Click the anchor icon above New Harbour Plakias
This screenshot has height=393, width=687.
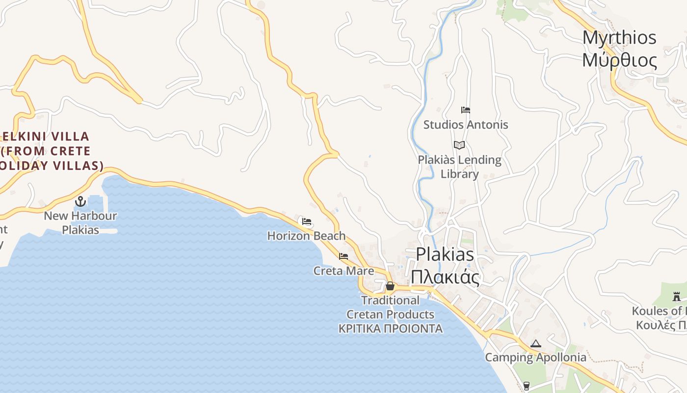(x=80, y=201)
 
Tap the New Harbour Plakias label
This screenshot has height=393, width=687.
(x=80, y=223)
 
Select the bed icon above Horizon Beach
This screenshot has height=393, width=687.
(x=307, y=222)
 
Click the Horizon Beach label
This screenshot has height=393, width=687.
(x=306, y=236)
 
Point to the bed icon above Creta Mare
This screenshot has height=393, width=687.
(x=343, y=256)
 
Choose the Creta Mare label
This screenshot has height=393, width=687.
(x=343, y=271)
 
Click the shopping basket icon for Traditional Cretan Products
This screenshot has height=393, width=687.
(x=390, y=286)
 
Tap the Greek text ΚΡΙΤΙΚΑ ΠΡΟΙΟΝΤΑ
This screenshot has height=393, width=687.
(x=391, y=329)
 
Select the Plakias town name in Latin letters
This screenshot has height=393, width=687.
(x=445, y=254)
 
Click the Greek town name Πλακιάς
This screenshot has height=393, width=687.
(x=445, y=278)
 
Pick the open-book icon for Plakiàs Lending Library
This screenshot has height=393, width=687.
(x=459, y=145)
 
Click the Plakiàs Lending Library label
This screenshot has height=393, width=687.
(x=460, y=167)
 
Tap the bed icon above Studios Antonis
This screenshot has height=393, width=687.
(x=466, y=110)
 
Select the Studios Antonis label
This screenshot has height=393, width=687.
(x=466, y=125)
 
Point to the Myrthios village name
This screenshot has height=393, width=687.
(x=619, y=38)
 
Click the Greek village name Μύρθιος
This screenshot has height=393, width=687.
(x=619, y=60)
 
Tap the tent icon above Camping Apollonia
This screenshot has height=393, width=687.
(x=535, y=344)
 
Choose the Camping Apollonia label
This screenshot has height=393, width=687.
(x=535, y=357)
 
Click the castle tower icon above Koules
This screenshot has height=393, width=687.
(x=677, y=296)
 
